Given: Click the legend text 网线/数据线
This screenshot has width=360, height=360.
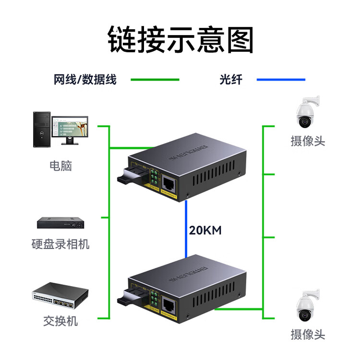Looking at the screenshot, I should [85, 80].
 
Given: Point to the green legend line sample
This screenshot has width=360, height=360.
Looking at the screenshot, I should [155, 80].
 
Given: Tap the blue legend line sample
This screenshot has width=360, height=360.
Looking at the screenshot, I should [281, 80].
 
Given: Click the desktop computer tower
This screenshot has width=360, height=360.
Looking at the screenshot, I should [41, 129].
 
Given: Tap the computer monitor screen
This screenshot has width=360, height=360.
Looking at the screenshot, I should [70, 126].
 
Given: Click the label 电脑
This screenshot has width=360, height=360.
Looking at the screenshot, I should [60, 166].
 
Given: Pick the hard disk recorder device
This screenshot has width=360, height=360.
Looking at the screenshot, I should [60, 222].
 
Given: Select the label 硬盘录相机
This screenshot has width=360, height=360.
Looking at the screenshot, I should [60, 244].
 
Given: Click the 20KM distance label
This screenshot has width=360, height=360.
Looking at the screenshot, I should [205, 230].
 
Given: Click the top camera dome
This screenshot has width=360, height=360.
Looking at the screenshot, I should [305, 118].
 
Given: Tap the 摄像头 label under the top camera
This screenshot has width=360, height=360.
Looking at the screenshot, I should [308, 141].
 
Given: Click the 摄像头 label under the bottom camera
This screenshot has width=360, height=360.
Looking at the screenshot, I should [308, 334].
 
